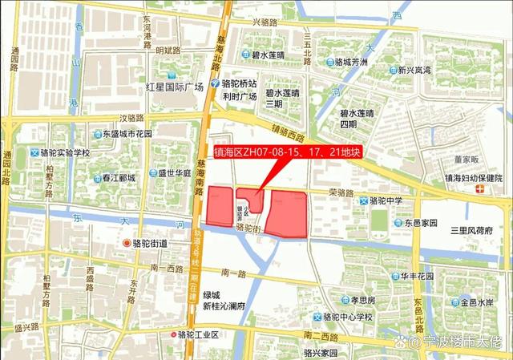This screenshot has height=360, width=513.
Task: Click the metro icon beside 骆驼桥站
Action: click(214, 83)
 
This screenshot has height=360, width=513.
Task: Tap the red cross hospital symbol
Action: click(479, 188)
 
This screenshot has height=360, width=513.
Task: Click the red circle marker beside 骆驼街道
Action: click(125, 243)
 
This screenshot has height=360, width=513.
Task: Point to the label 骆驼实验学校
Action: click(65, 152)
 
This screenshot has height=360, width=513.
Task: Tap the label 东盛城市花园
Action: click(127, 134)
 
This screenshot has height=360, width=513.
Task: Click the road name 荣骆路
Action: click(341, 192)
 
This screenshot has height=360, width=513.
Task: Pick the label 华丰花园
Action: click(418, 276)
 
